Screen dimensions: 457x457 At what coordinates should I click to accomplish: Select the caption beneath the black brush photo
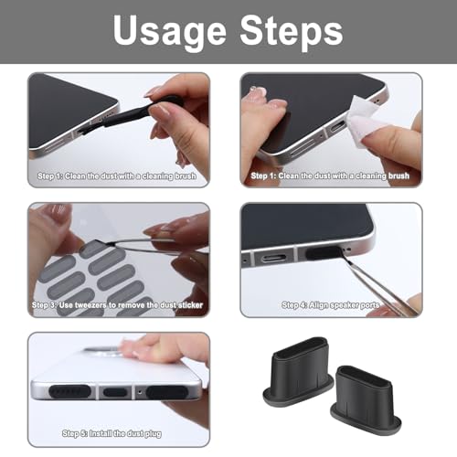[x=117, y=175]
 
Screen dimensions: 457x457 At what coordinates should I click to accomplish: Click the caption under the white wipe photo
[x=330, y=175]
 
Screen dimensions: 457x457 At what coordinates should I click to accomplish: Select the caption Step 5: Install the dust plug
[x=117, y=432]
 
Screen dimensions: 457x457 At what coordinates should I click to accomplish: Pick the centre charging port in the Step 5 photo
[x=115, y=393]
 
